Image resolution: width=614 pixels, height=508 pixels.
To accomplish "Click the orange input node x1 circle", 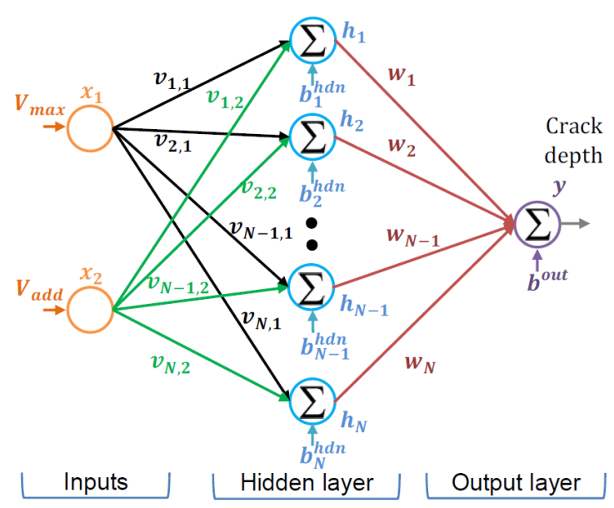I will [90, 129].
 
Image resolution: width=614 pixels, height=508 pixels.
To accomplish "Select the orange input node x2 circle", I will [90, 309].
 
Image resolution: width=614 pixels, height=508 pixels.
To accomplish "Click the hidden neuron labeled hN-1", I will [312, 288].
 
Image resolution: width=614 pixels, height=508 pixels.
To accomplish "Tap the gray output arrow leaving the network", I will [576, 224].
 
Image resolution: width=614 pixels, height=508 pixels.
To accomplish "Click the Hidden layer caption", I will [307, 482].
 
